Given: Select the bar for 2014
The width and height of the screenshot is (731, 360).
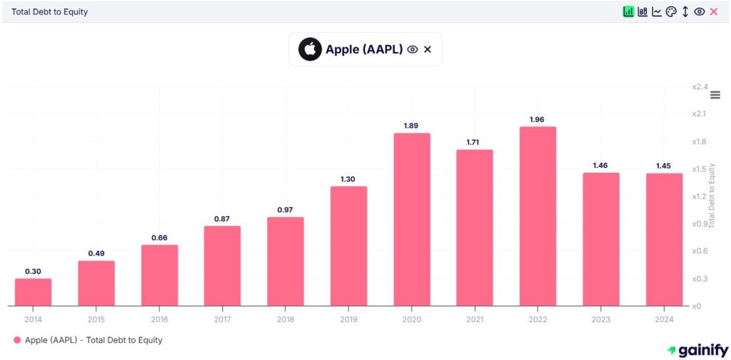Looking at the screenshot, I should point(33,292).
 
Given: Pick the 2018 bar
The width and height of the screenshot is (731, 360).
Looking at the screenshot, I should point(286,261).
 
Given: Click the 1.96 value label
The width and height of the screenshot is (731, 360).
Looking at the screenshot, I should point(538,119).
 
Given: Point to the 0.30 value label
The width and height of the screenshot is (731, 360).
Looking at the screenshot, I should point(33,271).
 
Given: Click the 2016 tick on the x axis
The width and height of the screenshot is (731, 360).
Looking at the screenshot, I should point(159,319).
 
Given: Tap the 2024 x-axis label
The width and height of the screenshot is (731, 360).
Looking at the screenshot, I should point(664,319).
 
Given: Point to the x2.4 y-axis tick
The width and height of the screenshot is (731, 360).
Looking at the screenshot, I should point(699,86).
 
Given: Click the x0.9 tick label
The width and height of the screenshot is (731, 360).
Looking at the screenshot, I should point(699,224).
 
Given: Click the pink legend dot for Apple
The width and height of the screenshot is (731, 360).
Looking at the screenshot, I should point(17,341).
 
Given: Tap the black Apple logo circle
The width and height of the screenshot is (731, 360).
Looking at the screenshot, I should point(310,49).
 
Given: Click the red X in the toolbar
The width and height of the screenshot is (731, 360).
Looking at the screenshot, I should point(713,11).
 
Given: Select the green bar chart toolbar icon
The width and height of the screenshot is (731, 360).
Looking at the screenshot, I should point(628,11).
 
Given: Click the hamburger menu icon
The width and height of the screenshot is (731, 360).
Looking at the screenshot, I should point(715,95).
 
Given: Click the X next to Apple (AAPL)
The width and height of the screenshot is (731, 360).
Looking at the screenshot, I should point(428,49).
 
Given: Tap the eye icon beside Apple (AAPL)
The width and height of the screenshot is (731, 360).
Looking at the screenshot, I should point(412,49).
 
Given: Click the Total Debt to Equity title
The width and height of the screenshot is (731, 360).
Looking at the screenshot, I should point(50,12).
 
